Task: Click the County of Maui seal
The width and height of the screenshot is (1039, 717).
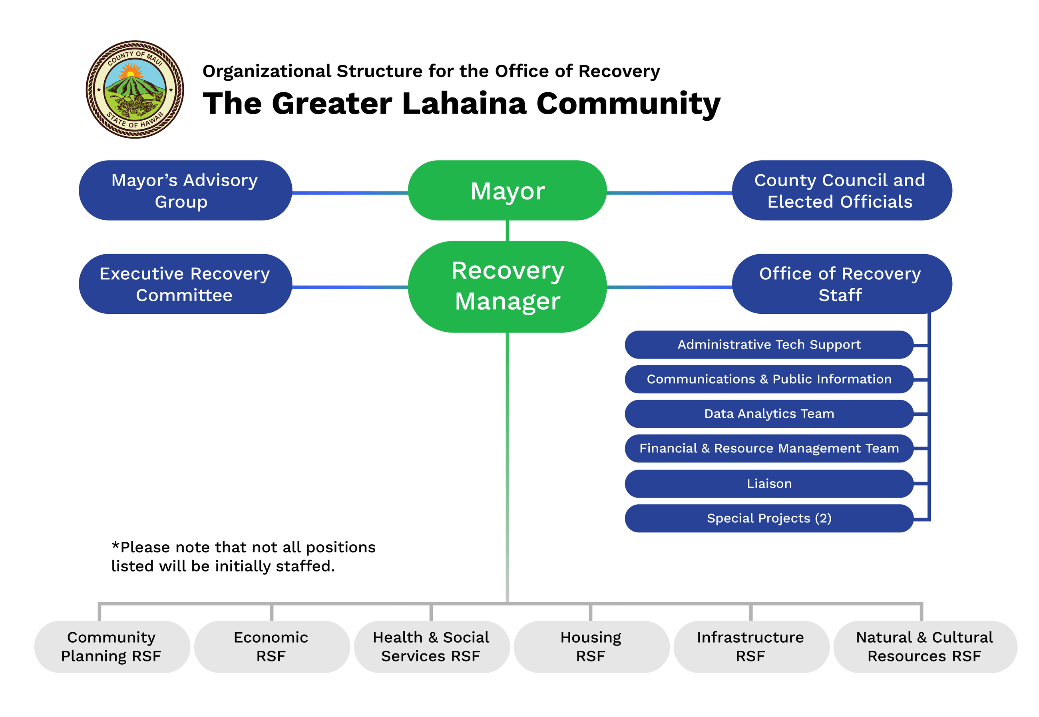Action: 135,90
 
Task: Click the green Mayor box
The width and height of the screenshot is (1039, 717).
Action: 507,191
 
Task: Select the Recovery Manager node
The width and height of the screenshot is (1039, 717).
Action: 507,286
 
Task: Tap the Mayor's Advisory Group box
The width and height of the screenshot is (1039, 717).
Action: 185,191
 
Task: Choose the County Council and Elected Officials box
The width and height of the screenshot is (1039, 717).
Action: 841,191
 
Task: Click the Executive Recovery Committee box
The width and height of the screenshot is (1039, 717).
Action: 185,284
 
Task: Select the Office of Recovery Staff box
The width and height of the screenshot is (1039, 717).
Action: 841,284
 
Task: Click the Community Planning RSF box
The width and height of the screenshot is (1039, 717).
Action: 111,647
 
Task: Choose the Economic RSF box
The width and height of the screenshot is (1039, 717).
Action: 271,647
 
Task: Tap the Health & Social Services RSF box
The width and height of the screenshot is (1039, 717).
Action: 431,647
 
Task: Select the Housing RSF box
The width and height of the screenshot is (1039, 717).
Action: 591,647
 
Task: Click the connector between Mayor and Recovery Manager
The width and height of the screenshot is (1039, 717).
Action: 507,231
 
